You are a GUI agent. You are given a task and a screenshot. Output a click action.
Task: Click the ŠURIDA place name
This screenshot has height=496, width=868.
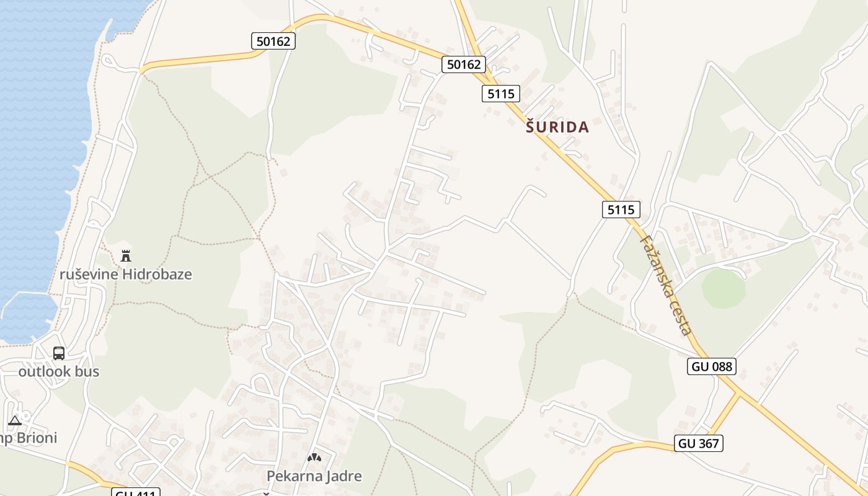click(x=557, y=127)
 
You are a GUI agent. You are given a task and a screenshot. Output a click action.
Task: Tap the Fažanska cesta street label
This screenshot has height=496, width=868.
click(x=666, y=285)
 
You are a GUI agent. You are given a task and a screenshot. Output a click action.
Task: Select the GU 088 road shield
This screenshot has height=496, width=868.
click(x=711, y=366)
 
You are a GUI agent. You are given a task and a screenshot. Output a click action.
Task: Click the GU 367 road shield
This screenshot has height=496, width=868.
click(x=699, y=443)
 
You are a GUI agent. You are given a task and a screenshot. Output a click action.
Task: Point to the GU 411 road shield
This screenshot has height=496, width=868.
click(x=136, y=493)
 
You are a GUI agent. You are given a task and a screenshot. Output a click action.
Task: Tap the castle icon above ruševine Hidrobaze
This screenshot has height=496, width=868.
click(x=126, y=255)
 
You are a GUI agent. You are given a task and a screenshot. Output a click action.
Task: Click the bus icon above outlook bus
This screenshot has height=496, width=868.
click(x=59, y=353)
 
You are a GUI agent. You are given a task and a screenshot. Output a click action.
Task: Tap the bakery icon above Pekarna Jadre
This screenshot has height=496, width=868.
click(x=314, y=458)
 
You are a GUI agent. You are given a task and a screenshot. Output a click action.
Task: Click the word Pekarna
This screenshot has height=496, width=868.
click(x=293, y=476)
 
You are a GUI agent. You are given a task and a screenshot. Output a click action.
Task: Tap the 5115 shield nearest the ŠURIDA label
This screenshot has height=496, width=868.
click(x=500, y=94)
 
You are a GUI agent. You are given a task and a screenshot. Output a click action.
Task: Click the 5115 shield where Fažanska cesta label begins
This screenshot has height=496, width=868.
click(x=621, y=210)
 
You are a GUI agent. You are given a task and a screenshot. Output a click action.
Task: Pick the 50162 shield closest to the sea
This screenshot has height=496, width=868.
click(x=273, y=42)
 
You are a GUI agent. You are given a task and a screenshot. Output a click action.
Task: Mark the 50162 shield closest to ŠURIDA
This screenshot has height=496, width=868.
click(x=463, y=64)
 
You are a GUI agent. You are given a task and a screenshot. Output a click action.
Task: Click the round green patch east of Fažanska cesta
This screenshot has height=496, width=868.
click(x=724, y=288)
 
